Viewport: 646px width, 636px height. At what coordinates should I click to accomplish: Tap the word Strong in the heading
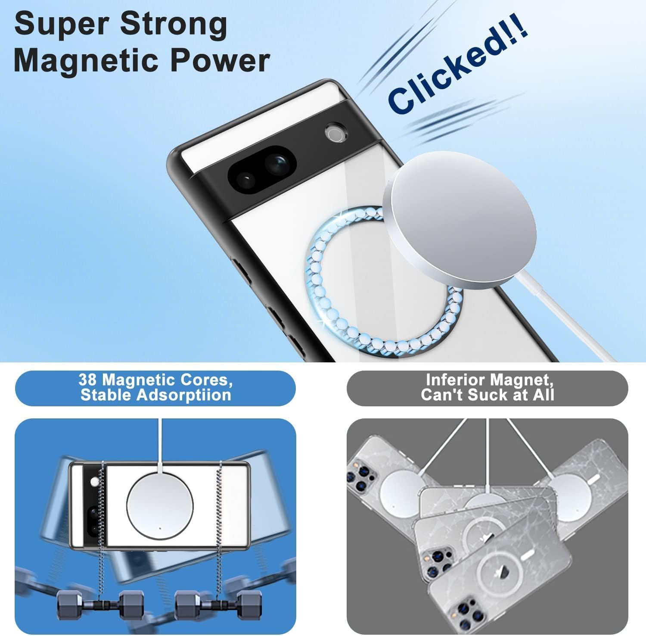(173, 25)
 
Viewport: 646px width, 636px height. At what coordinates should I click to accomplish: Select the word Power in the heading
(220, 60)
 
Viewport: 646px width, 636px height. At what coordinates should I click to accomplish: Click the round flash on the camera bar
(335, 133)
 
